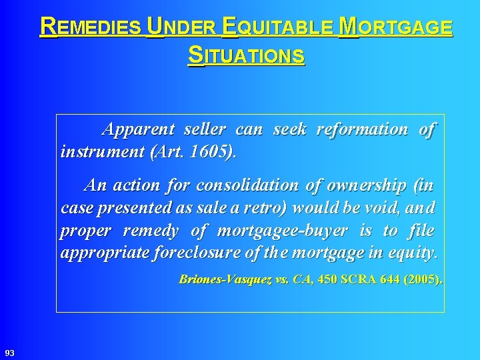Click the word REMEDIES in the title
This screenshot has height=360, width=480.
point(91,27)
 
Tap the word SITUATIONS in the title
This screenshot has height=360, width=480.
point(247,55)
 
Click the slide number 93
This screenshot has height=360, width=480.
point(9,351)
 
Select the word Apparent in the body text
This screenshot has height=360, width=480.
point(137,129)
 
